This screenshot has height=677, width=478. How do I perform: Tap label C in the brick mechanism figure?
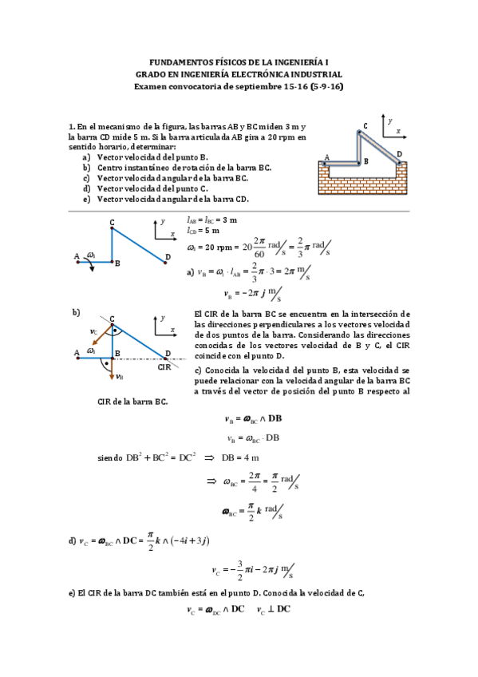[x=365, y=125]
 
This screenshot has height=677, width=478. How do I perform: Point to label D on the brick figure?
[x=399, y=154]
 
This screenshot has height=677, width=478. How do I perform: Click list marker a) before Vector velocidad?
[x=85, y=157]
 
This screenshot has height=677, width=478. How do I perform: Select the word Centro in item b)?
[x=112, y=168]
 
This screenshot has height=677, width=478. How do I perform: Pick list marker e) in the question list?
[x=85, y=199]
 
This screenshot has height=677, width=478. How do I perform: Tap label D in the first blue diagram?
[x=167, y=256]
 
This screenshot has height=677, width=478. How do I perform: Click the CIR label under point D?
[x=164, y=366]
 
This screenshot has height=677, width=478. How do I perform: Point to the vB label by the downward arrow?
[x=119, y=377]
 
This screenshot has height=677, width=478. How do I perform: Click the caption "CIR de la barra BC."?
[x=132, y=401]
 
